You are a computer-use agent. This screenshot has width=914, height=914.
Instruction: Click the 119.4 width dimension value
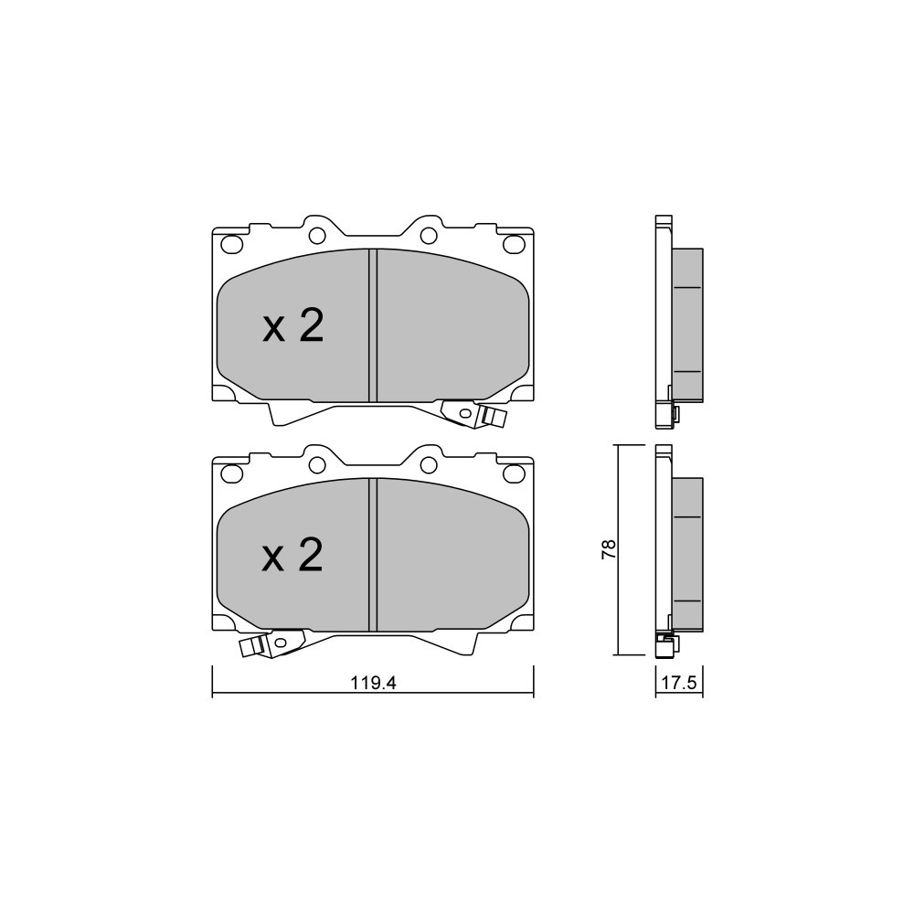(x=373, y=683)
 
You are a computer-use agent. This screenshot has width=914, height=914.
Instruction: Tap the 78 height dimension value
(x=608, y=549)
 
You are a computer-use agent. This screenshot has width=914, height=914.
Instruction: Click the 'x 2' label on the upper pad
(x=293, y=326)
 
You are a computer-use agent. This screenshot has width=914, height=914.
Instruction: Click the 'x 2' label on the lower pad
(x=293, y=556)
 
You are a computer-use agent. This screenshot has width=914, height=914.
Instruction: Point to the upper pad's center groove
(x=373, y=325)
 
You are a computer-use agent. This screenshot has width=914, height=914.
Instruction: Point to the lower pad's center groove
(x=373, y=555)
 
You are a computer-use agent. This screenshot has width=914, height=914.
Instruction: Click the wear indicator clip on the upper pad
(x=473, y=414)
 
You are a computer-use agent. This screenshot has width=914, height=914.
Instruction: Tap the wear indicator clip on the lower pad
(x=271, y=643)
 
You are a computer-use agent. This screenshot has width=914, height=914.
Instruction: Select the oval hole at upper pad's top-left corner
(x=232, y=244)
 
